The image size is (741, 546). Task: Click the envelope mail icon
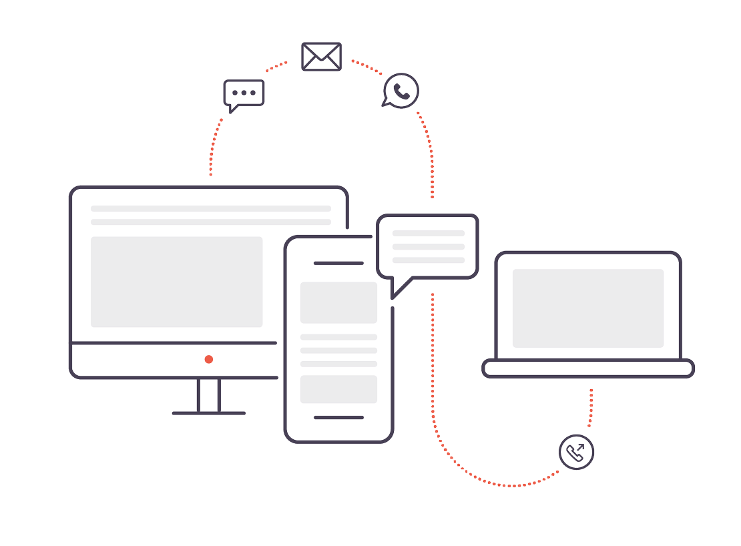point(322,56)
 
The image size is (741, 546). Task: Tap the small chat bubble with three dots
point(244,93)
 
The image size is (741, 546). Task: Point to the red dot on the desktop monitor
point(209,359)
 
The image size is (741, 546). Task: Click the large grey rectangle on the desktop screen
point(176,282)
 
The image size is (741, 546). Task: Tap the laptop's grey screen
point(587,308)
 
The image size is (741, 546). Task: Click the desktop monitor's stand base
point(209,413)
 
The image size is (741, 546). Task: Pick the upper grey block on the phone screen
point(338,302)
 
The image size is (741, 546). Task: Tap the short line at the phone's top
point(338,264)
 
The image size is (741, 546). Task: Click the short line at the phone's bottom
point(338,417)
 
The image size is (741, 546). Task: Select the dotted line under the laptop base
point(591,407)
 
